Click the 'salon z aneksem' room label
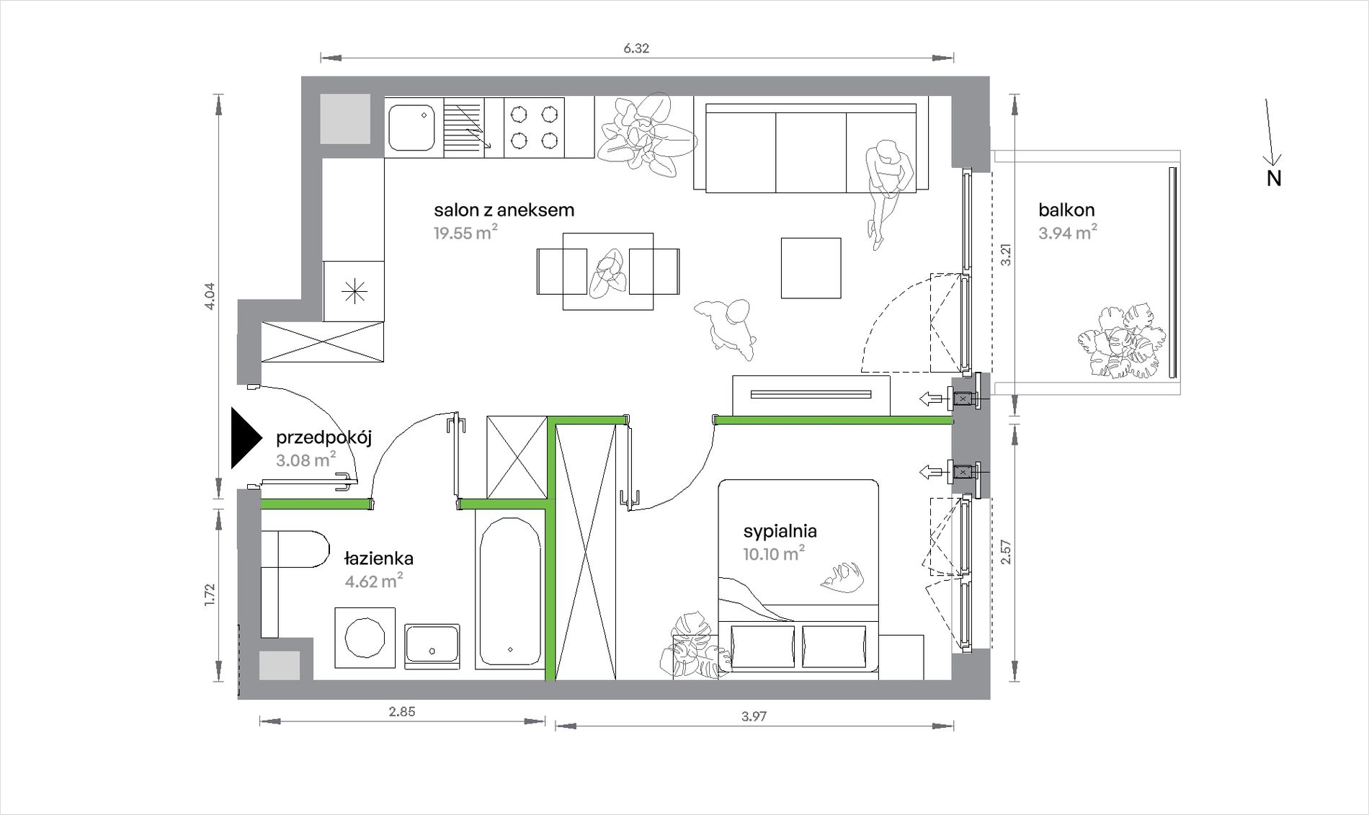click(504, 210)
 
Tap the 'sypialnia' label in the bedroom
click(780, 532)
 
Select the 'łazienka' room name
click(378, 558)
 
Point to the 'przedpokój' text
click(324, 438)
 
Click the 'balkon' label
click(1066, 210)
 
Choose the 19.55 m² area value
click(465, 233)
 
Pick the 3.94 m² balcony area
click(1068, 233)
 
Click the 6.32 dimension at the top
click(636, 48)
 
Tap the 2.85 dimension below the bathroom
click(402, 712)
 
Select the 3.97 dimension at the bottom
click(754, 716)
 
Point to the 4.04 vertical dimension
click(210, 296)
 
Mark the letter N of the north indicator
click(1274, 179)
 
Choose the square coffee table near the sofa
click(811, 268)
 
